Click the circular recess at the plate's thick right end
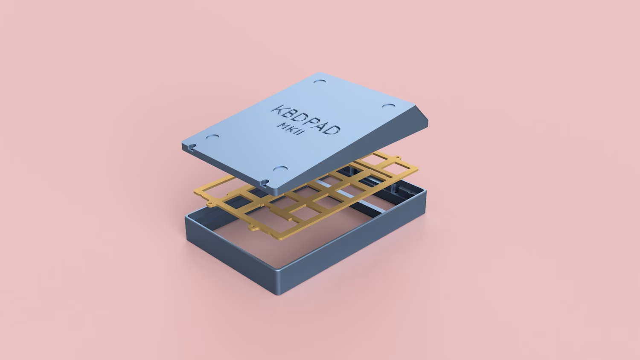point(389,106)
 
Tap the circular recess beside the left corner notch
point(212,137)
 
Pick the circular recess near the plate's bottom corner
point(280,169)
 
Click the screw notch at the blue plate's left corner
point(191,147)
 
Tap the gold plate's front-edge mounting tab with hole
point(253,228)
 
